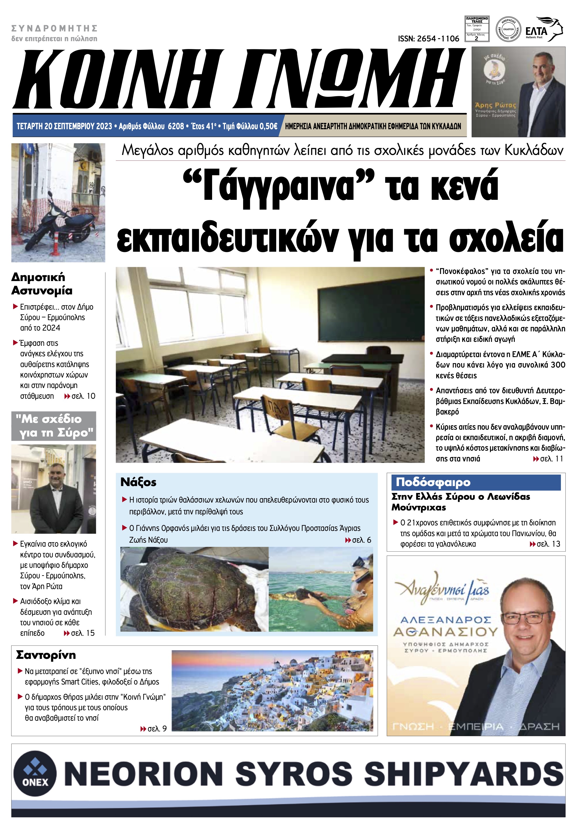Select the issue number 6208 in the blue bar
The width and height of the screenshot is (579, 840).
tap(176, 126)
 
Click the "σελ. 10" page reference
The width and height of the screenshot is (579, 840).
tap(80, 396)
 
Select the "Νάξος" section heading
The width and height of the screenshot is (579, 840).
tap(138, 482)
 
